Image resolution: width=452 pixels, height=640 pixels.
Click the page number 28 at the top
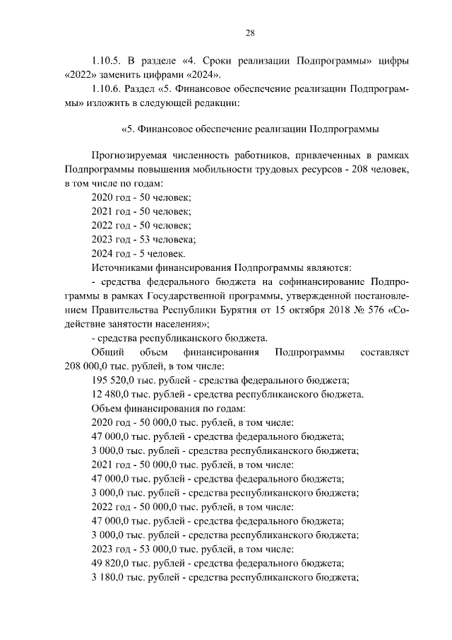click(250, 32)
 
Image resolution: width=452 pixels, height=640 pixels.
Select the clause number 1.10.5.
click(109, 61)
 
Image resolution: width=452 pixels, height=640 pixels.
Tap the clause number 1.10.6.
click(109, 90)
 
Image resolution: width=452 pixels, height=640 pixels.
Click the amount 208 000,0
click(88, 366)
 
